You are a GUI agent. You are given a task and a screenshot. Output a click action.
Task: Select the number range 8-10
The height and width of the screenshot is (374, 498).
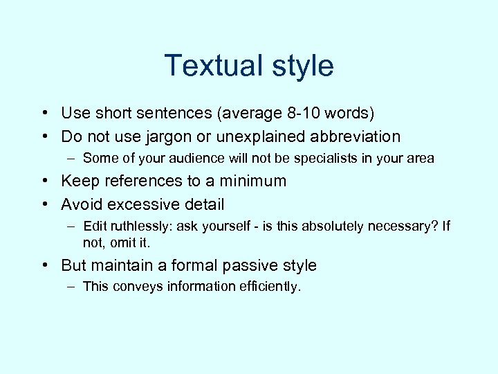coord(277,113)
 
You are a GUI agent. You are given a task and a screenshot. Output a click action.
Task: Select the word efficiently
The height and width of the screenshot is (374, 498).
coord(269,287)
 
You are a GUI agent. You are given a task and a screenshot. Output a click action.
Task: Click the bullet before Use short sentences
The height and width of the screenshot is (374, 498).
coord(44,113)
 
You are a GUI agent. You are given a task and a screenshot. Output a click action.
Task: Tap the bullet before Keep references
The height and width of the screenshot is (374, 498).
coord(44,181)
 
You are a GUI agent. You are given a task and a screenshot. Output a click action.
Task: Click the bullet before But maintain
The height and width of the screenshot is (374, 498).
coord(44,265)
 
